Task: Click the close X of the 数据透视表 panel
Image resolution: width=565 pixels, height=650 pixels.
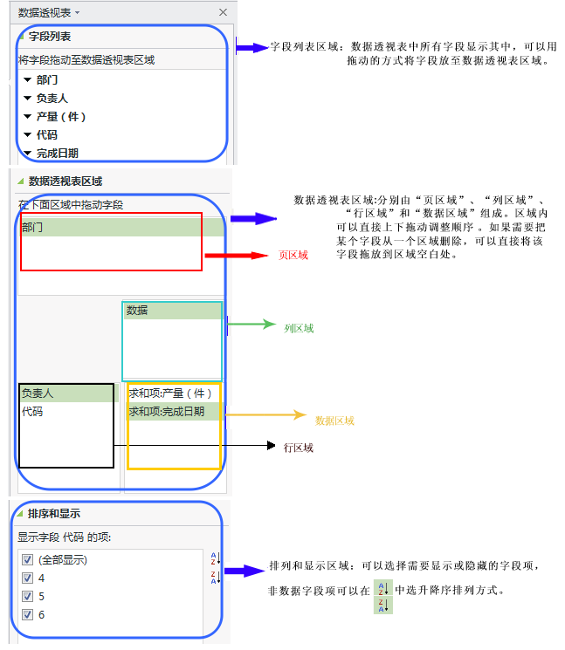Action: [223, 12]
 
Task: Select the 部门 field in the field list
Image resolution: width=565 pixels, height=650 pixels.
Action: [47, 79]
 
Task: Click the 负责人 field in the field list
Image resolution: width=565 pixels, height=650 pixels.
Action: [52, 98]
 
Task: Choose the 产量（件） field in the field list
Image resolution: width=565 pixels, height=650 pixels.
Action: [61, 116]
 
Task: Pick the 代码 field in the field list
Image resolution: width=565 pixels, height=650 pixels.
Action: [47, 134]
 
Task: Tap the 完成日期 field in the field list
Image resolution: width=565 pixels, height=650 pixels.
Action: [57, 153]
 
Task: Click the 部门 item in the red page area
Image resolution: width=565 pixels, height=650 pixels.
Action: [33, 228]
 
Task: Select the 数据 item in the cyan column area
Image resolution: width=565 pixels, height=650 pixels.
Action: [137, 310]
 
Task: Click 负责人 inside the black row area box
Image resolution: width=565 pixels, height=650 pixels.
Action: [38, 393]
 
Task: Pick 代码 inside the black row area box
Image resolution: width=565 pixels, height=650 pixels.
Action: [32, 411]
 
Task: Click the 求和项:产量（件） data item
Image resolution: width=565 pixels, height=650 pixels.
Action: [170, 393]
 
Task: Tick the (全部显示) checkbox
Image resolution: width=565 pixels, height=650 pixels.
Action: [27, 559]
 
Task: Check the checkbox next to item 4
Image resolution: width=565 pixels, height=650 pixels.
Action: [27, 578]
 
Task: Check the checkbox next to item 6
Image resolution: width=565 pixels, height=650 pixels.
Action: [27, 614]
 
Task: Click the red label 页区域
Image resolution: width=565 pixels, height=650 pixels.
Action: [293, 256]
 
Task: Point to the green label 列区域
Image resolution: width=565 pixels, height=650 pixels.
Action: [299, 329]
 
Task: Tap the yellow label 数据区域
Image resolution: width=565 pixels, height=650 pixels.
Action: [334, 421]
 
